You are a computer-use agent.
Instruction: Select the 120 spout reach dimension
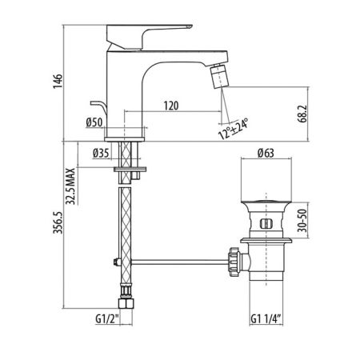[170, 106]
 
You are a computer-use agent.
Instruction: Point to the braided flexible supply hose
[126, 232]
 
